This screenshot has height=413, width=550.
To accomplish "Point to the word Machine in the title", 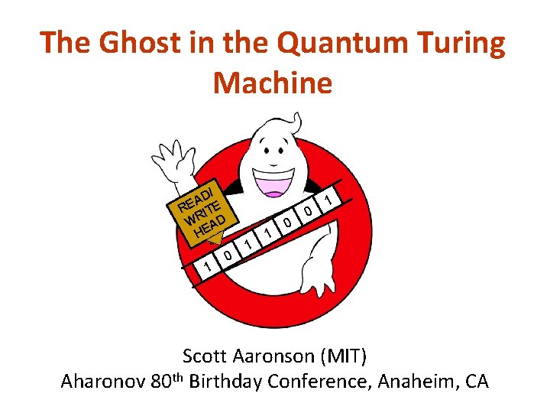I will point(273,82).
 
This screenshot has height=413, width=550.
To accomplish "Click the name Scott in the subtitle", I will point(205,356).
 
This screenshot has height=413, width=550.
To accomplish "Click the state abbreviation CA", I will point(476,381).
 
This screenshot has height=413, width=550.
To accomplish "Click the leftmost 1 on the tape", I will point(205,265).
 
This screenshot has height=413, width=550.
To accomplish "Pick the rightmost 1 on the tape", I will point(328,200).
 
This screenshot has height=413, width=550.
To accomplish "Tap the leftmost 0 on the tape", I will point(228,255).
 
